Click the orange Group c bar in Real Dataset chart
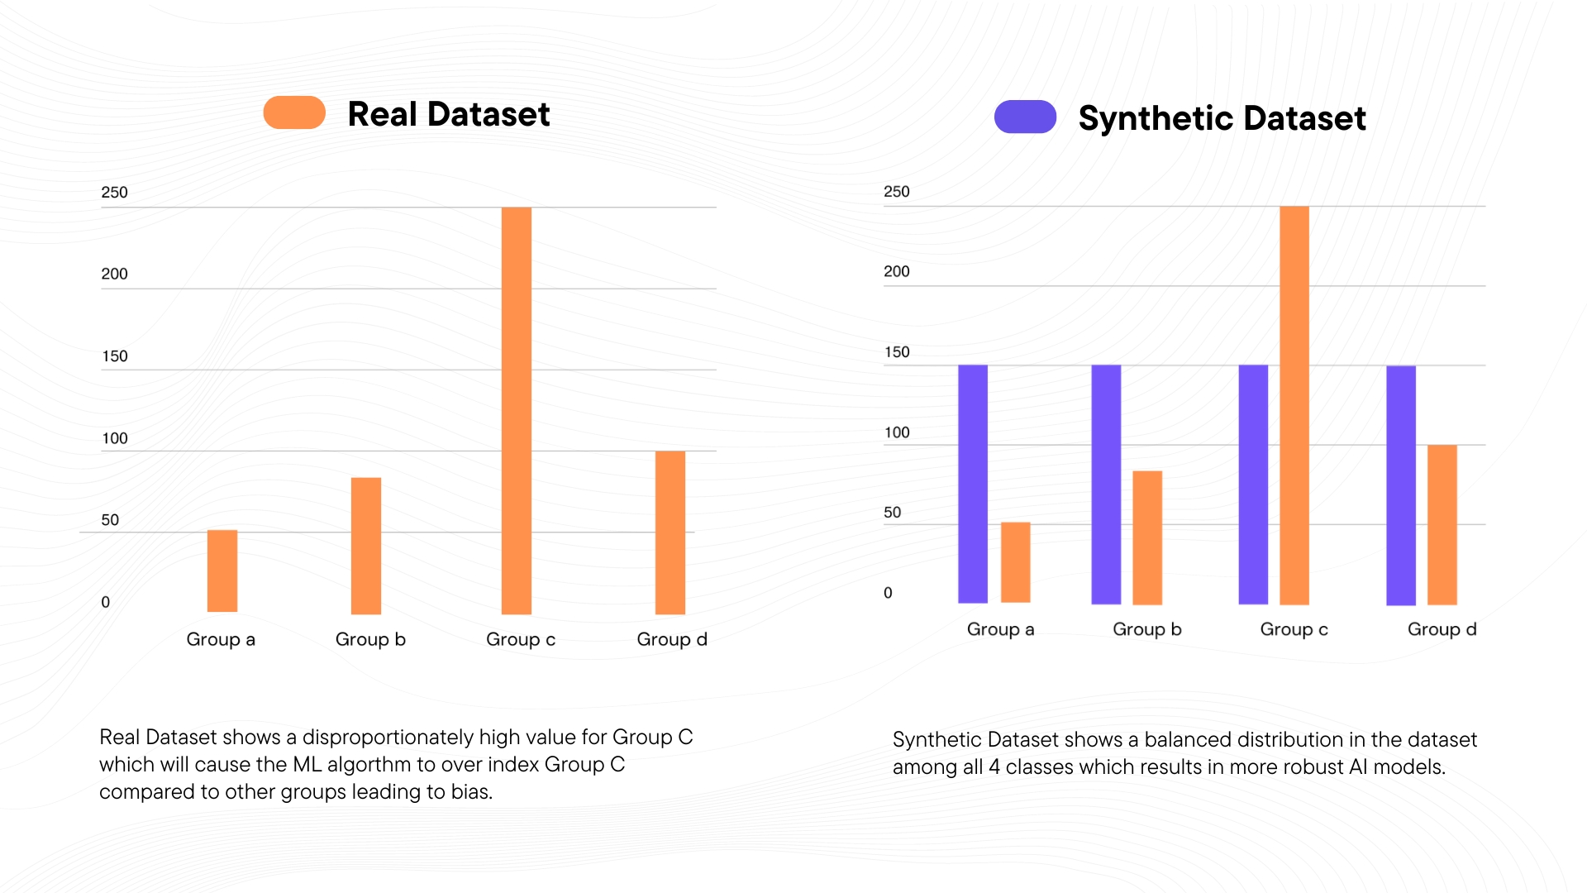point(517,411)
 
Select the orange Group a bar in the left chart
point(222,571)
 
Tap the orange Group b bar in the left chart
point(366,546)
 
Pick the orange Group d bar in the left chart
point(670,532)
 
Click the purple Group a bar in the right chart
point(973,484)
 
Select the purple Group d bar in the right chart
point(1401,485)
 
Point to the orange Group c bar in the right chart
point(1294,405)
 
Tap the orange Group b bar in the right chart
point(1147,537)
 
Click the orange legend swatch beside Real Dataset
point(294,112)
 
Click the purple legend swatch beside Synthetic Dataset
point(1025,117)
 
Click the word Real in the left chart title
point(382,114)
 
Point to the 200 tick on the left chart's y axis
point(114,274)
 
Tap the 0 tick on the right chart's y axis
point(888,593)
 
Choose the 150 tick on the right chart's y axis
point(897,352)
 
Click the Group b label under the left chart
point(370,639)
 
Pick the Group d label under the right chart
point(1442,629)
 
